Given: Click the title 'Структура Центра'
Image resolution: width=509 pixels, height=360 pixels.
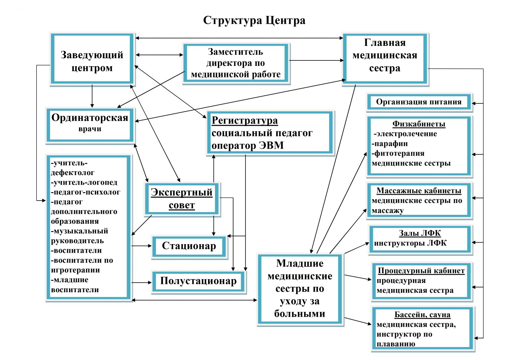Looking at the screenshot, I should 254,20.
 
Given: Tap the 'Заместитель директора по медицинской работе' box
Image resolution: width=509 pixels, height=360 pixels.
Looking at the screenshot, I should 236,63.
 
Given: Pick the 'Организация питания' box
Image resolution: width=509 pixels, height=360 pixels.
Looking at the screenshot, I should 419,102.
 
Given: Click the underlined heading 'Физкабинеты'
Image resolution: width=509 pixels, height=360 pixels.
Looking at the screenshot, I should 419,124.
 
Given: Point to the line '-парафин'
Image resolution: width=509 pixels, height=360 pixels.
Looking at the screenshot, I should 390,144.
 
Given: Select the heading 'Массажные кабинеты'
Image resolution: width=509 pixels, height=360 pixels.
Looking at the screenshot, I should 419,191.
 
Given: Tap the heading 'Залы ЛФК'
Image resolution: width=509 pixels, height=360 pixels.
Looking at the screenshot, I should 420,233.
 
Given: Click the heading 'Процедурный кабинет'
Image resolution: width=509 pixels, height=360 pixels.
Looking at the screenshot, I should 421,271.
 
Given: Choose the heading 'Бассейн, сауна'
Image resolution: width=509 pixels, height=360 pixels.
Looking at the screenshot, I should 422,315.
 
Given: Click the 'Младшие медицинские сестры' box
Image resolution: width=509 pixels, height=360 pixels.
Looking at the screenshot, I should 300,288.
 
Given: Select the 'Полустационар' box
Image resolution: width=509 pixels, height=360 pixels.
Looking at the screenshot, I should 198,281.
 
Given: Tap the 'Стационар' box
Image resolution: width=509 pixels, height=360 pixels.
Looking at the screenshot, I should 189,246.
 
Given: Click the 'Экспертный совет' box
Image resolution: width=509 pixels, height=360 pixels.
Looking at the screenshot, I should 182,199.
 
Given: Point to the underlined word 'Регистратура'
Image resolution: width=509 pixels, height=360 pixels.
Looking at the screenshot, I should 245,121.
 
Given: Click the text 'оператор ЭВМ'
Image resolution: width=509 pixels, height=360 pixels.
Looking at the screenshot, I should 248,145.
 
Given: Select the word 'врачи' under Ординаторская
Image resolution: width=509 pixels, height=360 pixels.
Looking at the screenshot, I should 90,129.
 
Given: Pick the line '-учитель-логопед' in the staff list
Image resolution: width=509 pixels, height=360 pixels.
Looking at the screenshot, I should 84,183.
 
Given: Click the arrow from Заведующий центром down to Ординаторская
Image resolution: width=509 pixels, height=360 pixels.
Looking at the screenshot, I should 92,95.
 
